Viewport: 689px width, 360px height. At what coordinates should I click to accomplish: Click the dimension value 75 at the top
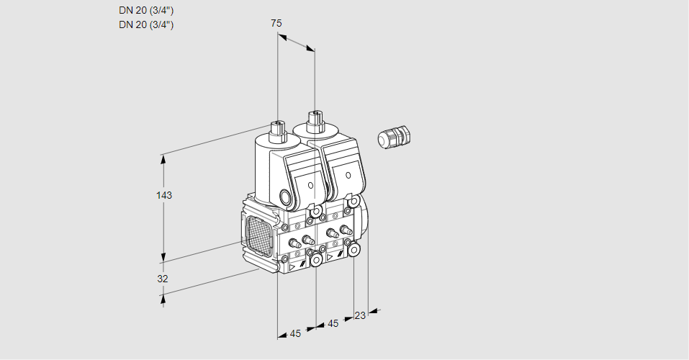pos(276,23)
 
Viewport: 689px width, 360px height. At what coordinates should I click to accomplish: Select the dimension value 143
pos(165,195)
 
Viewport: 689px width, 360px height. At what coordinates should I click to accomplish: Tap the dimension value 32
pos(163,279)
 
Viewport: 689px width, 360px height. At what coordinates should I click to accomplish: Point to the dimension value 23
pos(360,315)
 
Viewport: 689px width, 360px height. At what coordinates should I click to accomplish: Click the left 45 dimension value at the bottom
pos(295,333)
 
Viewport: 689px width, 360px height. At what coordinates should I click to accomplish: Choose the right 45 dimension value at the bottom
pos(333,324)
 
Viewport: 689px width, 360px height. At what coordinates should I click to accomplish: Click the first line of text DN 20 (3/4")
pos(146,10)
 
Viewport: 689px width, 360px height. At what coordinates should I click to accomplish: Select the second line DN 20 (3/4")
pos(146,24)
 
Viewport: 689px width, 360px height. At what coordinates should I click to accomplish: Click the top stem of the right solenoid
pos(315,118)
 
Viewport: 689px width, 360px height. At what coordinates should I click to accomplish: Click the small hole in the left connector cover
pos(310,185)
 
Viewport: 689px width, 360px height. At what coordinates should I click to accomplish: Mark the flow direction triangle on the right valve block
pos(330,256)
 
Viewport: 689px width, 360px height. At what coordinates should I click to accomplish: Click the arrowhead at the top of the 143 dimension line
pos(165,158)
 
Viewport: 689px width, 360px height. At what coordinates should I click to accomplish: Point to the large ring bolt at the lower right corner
pos(354,249)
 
